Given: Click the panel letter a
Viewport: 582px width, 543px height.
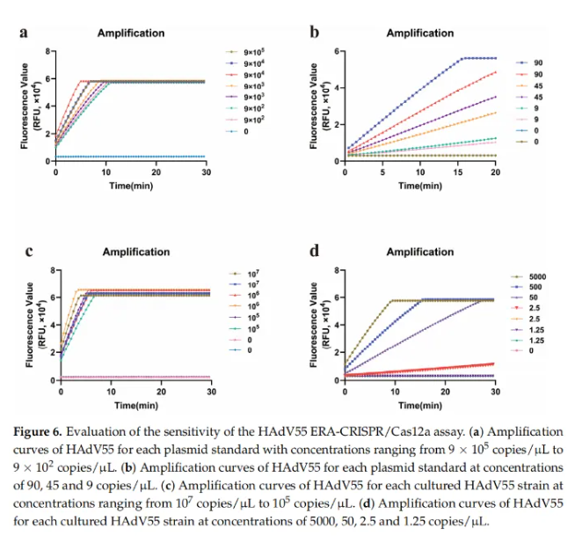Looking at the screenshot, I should [x=23, y=33].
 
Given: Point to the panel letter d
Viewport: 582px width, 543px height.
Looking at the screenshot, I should [x=315, y=252].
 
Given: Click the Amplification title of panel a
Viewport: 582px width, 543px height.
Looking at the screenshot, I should [x=130, y=33].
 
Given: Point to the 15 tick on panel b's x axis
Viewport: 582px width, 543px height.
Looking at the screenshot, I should [x=458, y=173].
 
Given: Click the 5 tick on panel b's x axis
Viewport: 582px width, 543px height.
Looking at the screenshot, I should [x=382, y=173].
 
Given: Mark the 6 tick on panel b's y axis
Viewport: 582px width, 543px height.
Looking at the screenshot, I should [x=337, y=51].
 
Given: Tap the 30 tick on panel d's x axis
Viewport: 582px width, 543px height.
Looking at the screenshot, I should [x=495, y=392].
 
